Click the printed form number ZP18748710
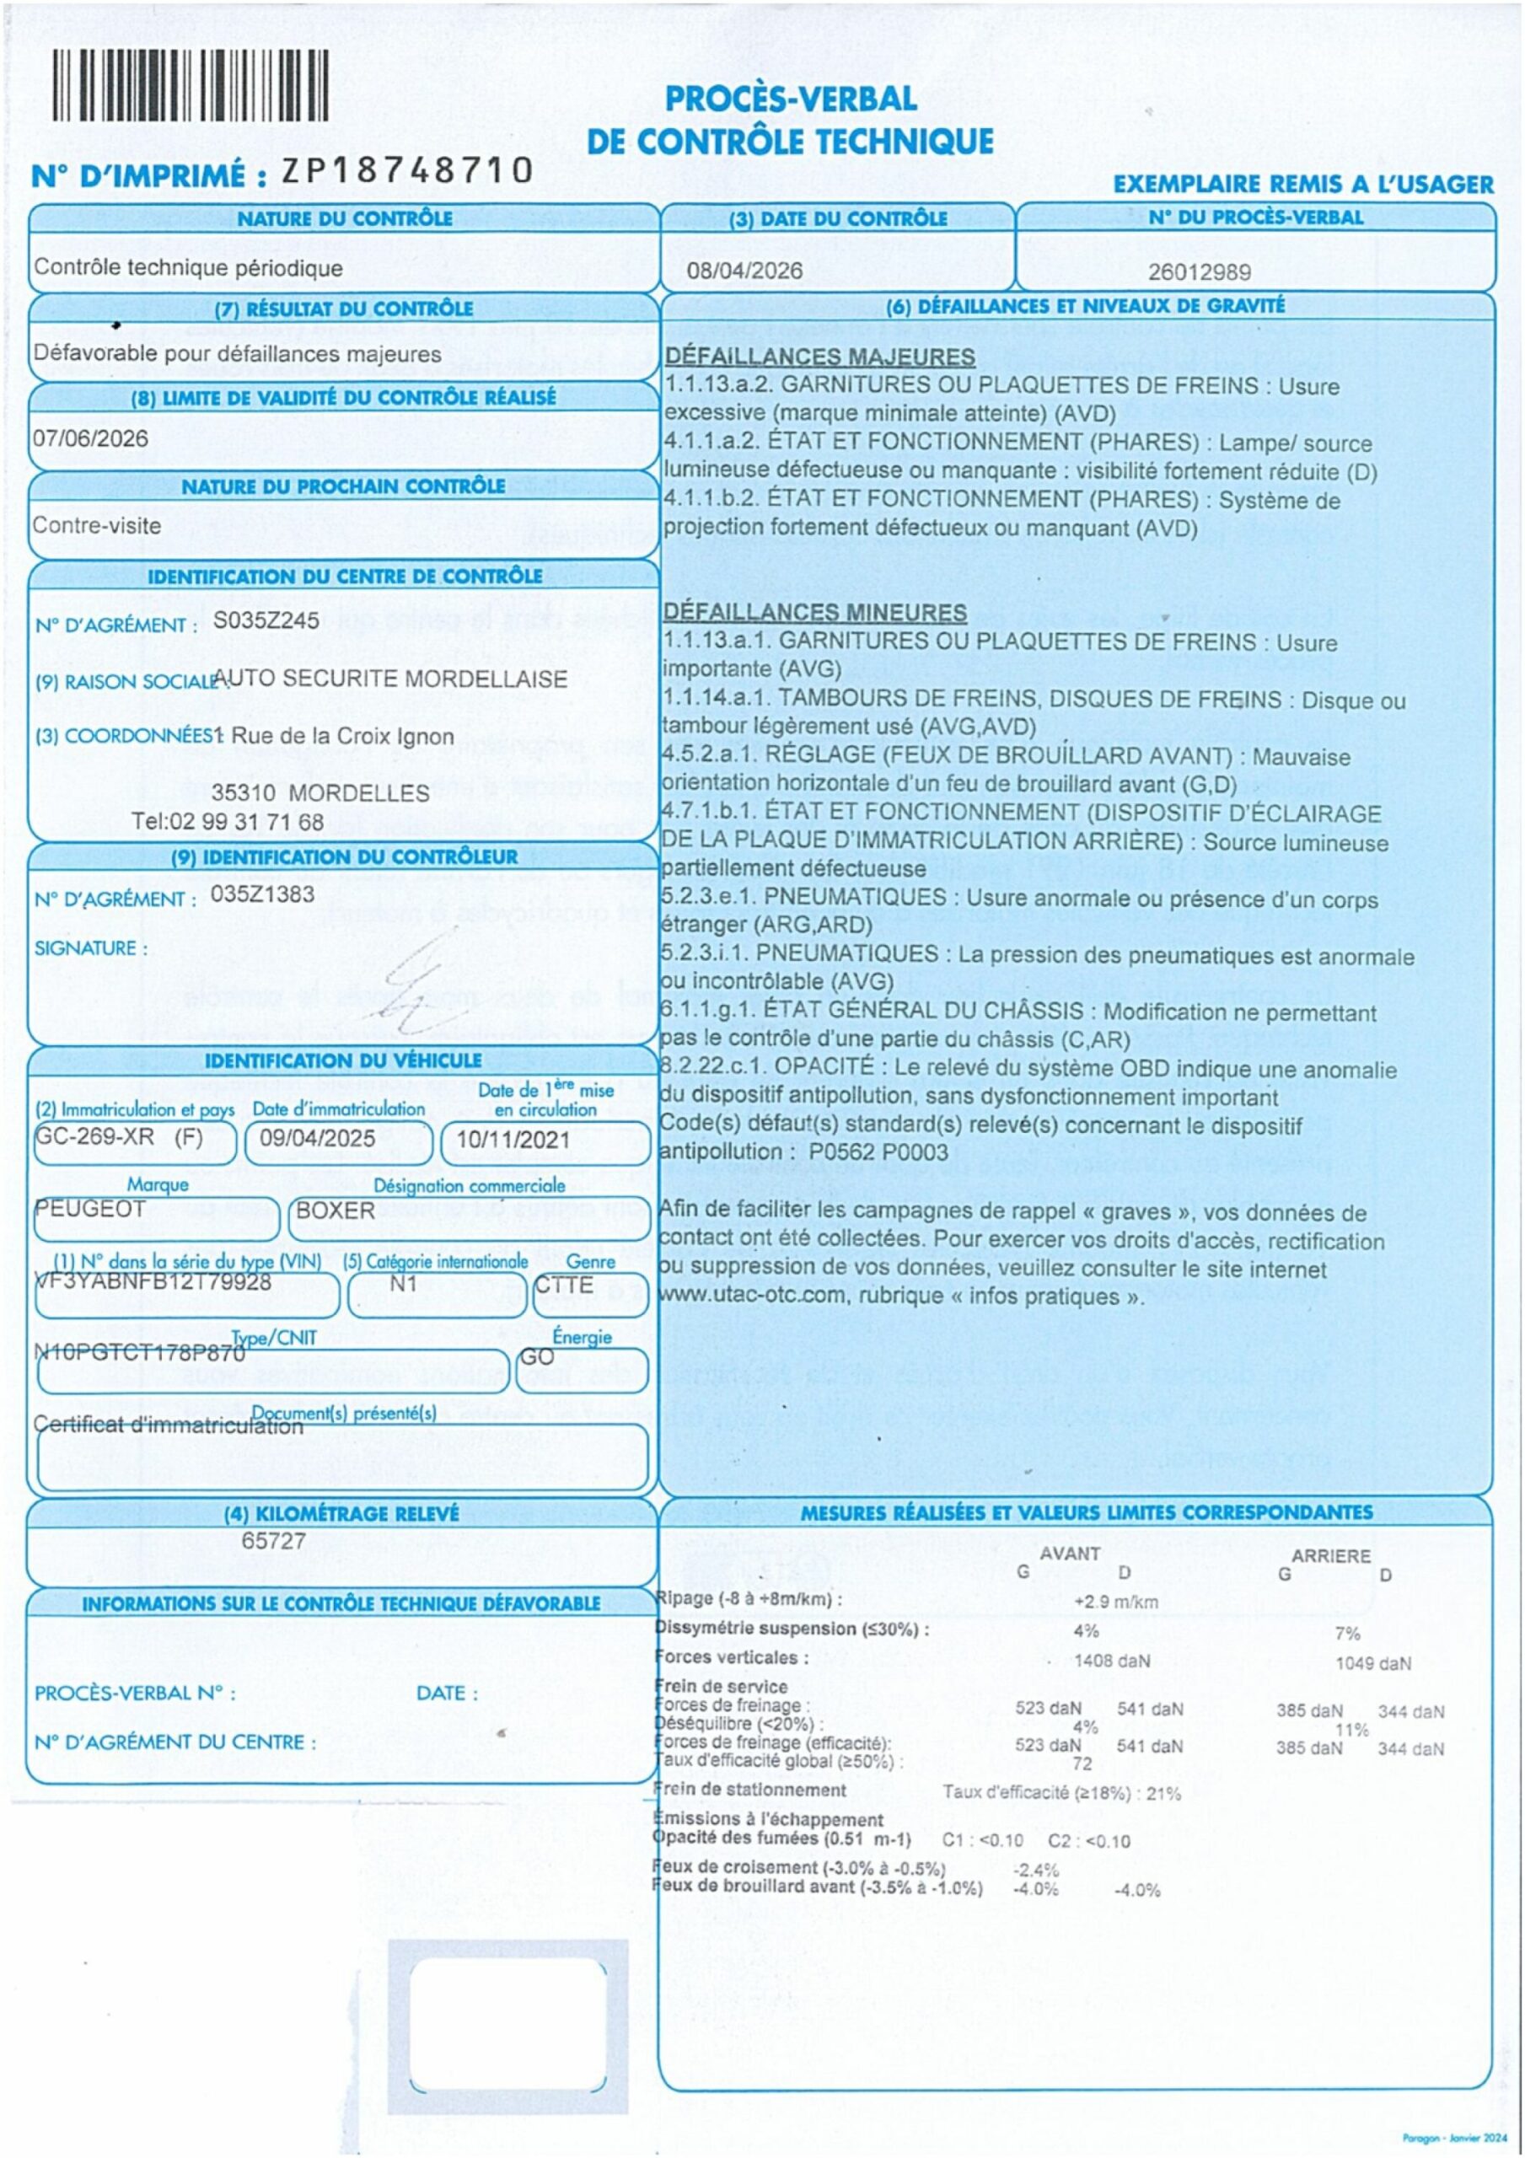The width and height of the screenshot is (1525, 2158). pos(407,170)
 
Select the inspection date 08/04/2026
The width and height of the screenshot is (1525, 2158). pos(744,271)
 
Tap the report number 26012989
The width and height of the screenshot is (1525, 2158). pos(1199,272)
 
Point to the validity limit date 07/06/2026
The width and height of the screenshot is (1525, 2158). pos(90,438)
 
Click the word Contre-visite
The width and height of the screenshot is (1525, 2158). pos(97,525)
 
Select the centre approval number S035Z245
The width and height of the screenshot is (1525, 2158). pos(266,620)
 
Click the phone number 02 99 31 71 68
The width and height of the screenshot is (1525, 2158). pos(248,821)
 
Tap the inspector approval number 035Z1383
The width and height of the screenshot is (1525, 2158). pos(262,894)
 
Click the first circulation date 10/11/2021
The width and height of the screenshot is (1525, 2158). pos(513,1140)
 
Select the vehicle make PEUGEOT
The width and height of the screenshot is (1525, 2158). pos(90,1208)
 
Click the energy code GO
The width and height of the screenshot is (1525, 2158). pos(537,1356)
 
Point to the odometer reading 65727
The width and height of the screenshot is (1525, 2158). pos(274,1540)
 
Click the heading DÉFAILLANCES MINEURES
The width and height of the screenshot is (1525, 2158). pos(814,613)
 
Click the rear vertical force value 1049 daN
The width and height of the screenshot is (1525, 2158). pos(1372,1664)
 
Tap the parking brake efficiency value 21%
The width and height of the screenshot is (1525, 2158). pos(1163,1793)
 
